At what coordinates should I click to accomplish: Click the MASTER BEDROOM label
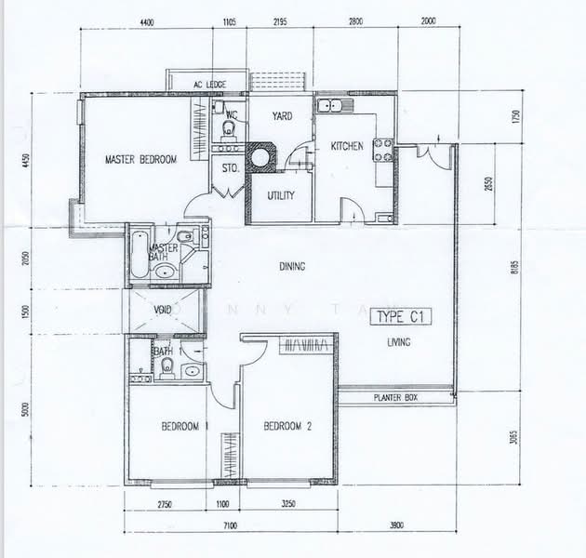[x=140, y=160]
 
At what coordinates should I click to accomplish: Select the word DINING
[x=292, y=267]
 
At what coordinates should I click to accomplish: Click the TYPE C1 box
[x=400, y=317]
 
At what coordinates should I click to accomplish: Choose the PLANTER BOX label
[x=397, y=397]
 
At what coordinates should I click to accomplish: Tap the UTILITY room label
[x=281, y=195]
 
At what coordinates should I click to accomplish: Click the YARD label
[x=283, y=116]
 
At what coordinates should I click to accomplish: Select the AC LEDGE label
[x=210, y=85]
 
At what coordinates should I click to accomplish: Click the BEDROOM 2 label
[x=286, y=427]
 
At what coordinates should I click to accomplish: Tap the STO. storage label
[x=230, y=168]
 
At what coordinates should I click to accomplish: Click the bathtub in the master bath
[x=138, y=253]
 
